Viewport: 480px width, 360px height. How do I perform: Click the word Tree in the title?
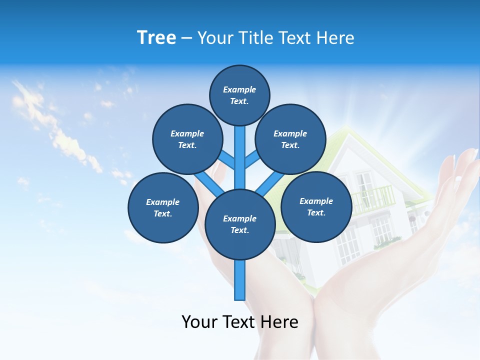pyautogui.click(x=156, y=38)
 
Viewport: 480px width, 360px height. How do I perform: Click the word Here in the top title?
pyautogui.click(x=337, y=38)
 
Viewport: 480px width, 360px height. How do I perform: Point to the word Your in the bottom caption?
pyautogui.click(x=199, y=322)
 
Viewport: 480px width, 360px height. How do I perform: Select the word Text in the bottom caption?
pyautogui.click(x=240, y=322)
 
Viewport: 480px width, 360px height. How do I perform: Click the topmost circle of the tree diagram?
pyautogui.click(x=239, y=95)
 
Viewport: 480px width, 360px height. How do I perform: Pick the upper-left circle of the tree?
pyautogui.click(x=187, y=139)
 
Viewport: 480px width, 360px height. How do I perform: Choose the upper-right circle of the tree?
pyautogui.click(x=290, y=139)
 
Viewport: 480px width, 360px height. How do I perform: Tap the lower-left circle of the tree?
pyautogui.click(x=163, y=207)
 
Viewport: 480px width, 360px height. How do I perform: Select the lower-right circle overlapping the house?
pyautogui.click(x=316, y=206)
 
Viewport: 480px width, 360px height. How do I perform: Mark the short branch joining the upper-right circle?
pyautogui.click(x=251, y=160)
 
